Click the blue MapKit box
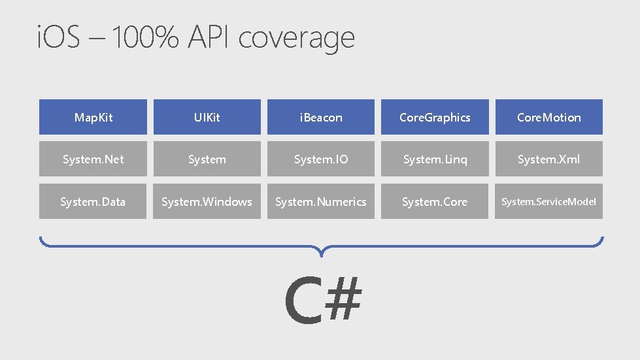click(93, 117)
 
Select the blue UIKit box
click(207, 117)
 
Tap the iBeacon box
click(320, 117)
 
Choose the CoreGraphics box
click(435, 117)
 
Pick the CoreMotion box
click(548, 117)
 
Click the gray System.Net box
click(93, 159)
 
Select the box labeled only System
click(207, 159)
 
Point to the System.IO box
click(320, 159)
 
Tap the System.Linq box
click(435, 159)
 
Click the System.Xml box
click(548, 159)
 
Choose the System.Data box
click(93, 201)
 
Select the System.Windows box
click(207, 201)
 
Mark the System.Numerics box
click(320, 201)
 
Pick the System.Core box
click(435, 201)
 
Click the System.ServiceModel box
click(548, 201)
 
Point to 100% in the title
click(146, 39)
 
